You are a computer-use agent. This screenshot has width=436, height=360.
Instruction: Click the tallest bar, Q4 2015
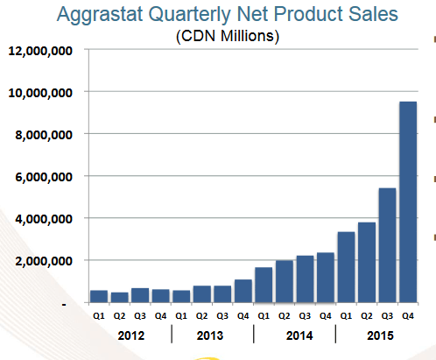tap(408, 201)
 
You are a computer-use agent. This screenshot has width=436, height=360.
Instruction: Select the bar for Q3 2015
tap(388, 245)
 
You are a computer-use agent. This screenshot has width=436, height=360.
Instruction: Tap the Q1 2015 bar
tap(347, 267)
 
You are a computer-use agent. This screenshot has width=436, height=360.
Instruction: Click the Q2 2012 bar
tap(119, 297)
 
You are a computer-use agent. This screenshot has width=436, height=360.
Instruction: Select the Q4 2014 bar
tap(326, 277)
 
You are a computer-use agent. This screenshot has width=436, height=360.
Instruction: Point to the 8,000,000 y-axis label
tap(42, 134)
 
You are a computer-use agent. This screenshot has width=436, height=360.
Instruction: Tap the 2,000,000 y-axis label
tap(42, 261)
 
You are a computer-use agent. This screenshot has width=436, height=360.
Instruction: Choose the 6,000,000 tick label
tap(42, 177)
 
